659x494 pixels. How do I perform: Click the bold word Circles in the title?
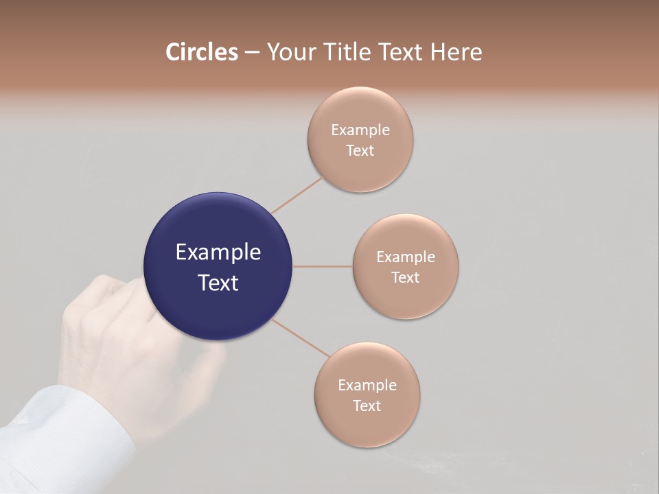point(201,52)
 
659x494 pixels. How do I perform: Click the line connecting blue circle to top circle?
point(297,195)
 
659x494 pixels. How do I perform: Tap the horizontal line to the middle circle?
point(322,266)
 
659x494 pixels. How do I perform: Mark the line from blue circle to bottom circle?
point(300,338)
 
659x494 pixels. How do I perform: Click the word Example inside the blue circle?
point(218,252)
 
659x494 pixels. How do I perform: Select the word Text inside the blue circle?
point(218,283)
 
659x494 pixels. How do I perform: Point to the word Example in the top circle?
point(360,130)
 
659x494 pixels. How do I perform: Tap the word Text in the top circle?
point(360,150)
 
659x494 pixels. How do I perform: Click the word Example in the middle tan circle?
point(406,257)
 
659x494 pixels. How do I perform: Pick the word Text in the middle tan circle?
point(406,277)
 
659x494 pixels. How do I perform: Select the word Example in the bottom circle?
point(367,385)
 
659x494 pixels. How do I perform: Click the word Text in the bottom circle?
point(367,405)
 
